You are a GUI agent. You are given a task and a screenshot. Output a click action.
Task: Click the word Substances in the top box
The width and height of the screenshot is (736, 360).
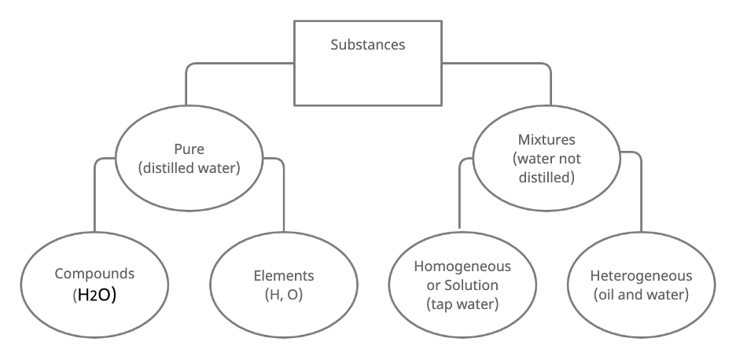pyautogui.click(x=368, y=44)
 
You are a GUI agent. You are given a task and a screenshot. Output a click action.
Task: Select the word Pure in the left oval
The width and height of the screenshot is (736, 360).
pyautogui.click(x=189, y=148)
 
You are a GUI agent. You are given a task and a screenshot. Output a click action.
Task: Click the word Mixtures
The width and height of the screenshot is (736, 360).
pyautogui.click(x=546, y=140)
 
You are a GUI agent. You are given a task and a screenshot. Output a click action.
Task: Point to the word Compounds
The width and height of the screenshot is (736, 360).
pyautogui.click(x=94, y=274)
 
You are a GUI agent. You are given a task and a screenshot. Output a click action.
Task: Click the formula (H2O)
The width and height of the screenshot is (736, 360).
pyautogui.click(x=94, y=296)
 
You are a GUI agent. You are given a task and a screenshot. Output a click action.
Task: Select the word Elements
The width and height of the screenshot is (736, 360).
pyautogui.click(x=284, y=276)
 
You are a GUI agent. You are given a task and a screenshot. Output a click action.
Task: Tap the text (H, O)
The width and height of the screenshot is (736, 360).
pyautogui.click(x=284, y=295)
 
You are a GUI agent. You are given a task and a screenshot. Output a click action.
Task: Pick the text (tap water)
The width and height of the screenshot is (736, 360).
pyautogui.click(x=462, y=303)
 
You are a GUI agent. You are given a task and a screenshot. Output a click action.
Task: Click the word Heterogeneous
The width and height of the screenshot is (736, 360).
pyautogui.click(x=642, y=276)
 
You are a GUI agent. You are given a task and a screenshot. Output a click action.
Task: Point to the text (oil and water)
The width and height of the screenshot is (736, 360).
pyautogui.click(x=642, y=295)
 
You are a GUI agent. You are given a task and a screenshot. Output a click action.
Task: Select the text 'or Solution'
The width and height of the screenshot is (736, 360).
pyautogui.click(x=462, y=285)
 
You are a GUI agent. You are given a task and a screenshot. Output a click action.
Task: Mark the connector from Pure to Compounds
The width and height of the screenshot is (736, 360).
pyautogui.click(x=95, y=197)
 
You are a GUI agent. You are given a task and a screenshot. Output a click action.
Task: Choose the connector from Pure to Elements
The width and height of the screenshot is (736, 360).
pyautogui.click(x=283, y=197)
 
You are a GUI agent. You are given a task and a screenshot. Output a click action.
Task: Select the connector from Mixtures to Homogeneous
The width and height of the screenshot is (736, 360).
pyautogui.click(x=459, y=197)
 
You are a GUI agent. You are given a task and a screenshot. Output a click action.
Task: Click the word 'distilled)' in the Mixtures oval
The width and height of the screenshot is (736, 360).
pyautogui.click(x=546, y=178)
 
